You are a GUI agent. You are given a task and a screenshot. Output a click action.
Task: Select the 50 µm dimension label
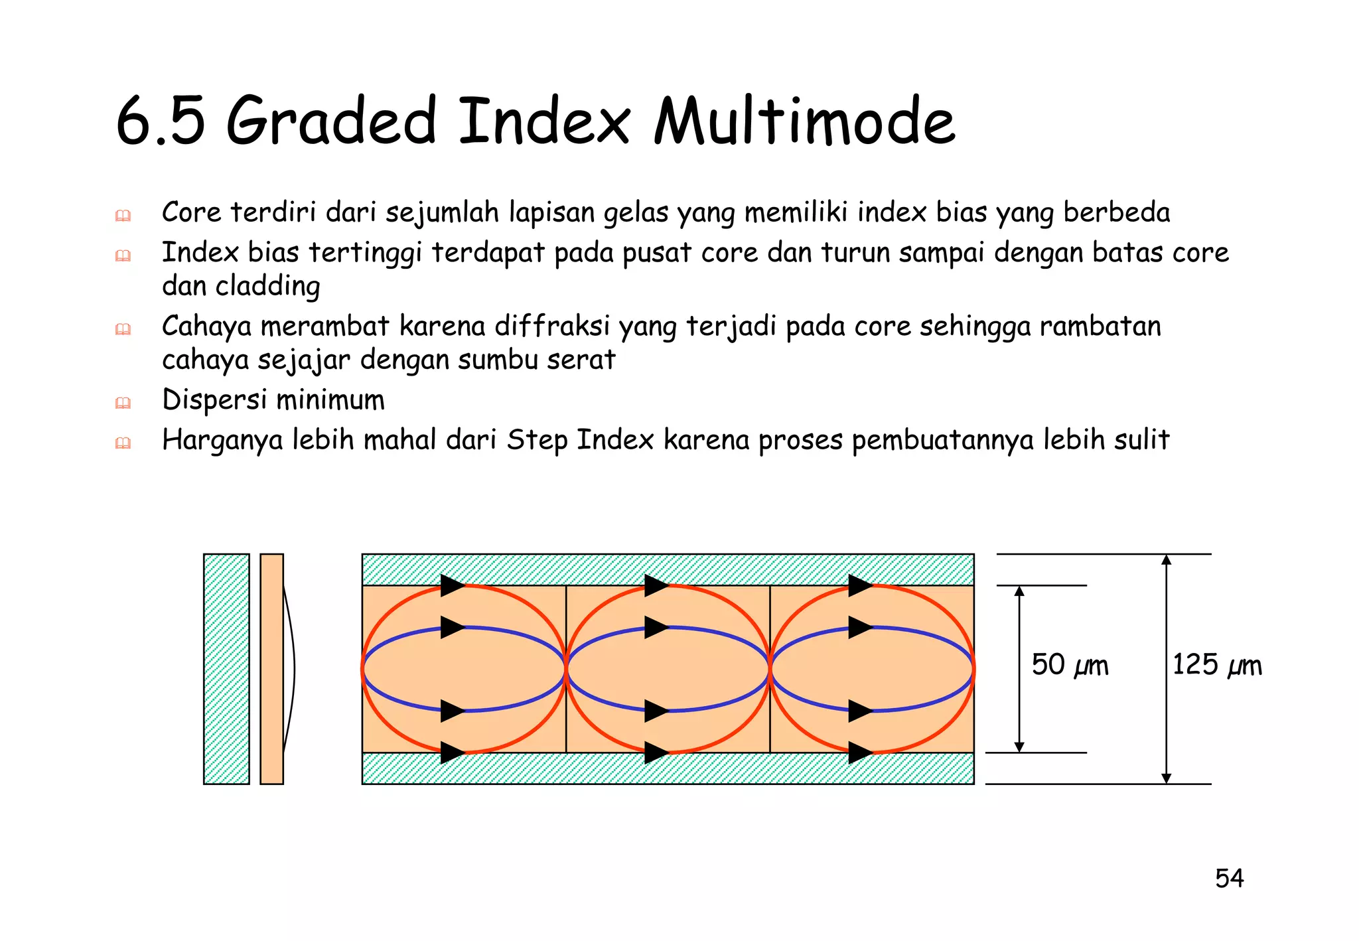[x=1070, y=665]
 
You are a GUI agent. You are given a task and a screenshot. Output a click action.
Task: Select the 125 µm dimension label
[x=1216, y=665]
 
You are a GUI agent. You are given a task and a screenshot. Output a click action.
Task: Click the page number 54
[x=1229, y=879]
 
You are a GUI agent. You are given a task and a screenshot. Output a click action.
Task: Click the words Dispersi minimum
[x=273, y=400]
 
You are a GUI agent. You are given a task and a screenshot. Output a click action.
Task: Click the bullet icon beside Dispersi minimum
[x=123, y=403]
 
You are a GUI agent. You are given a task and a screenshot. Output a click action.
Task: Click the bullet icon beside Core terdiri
[x=123, y=216]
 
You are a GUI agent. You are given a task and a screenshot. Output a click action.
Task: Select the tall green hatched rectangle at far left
[x=226, y=669]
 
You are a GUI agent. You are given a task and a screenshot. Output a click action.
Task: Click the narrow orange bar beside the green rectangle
[x=271, y=669]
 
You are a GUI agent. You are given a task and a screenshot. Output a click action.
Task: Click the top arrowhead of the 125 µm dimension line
[x=1166, y=560]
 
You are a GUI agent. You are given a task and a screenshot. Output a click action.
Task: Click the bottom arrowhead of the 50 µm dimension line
[x=1019, y=747]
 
